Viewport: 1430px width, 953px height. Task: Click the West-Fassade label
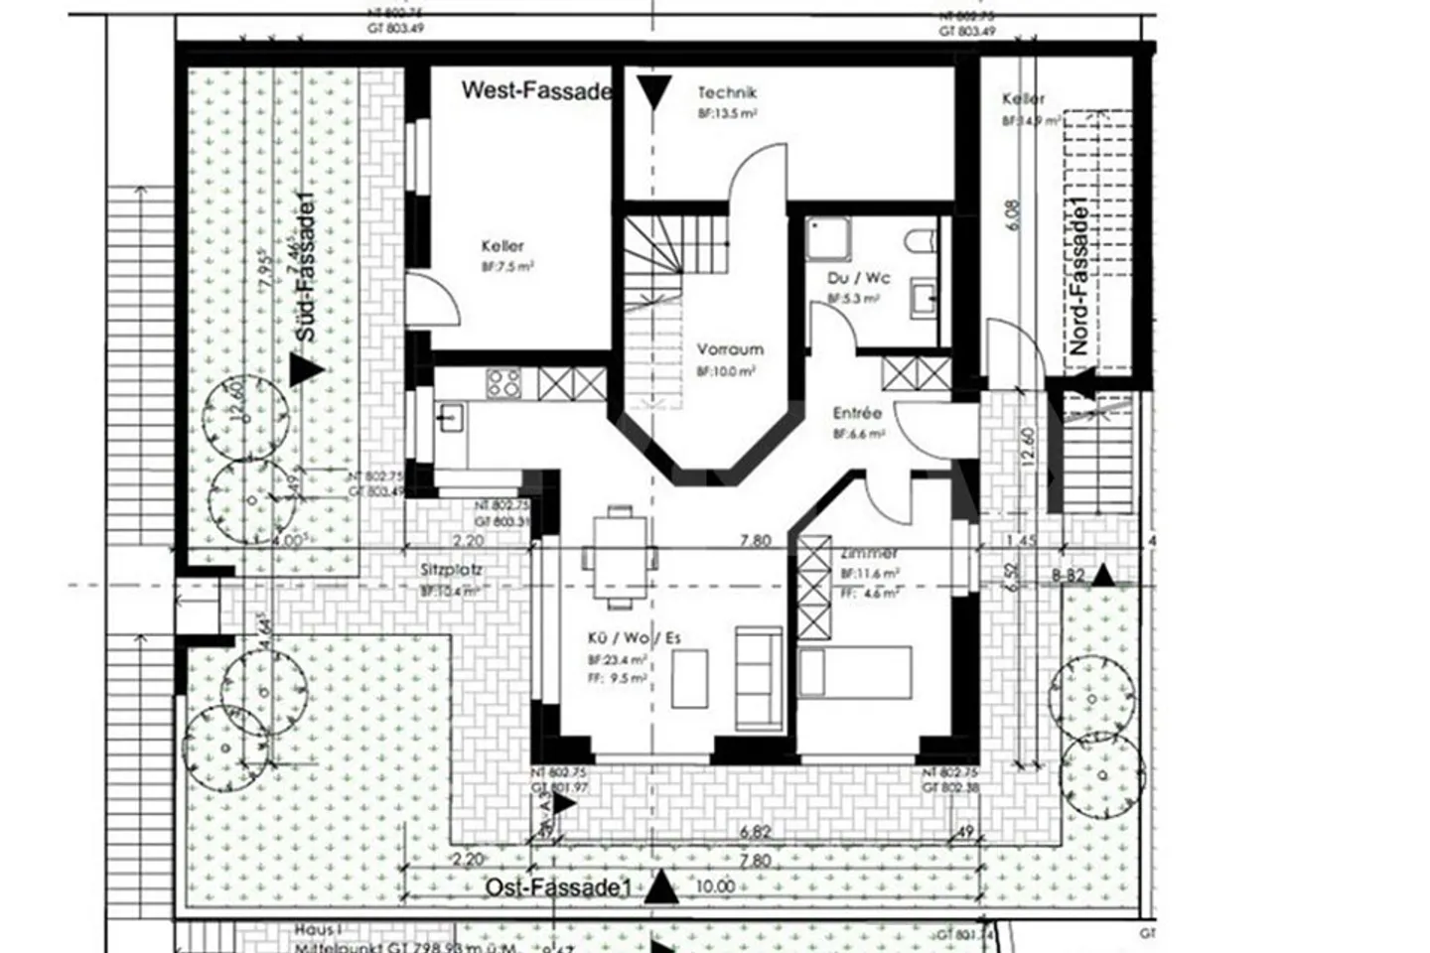(536, 91)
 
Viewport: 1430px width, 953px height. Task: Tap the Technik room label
(727, 93)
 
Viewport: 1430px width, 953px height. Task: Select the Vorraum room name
(730, 349)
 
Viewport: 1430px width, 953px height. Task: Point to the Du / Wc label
(859, 278)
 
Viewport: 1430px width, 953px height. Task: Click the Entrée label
(857, 413)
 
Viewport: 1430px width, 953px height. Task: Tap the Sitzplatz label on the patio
(451, 571)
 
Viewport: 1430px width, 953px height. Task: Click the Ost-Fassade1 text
(558, 887)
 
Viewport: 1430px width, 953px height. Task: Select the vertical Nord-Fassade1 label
(1078, 277)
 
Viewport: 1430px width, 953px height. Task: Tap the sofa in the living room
(758, 676)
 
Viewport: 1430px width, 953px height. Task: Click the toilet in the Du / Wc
(921, 241)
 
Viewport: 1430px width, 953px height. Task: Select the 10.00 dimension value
(715, 886)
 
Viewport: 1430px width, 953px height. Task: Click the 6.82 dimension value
(755, 833)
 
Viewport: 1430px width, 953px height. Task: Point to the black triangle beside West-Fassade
(654, 95)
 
